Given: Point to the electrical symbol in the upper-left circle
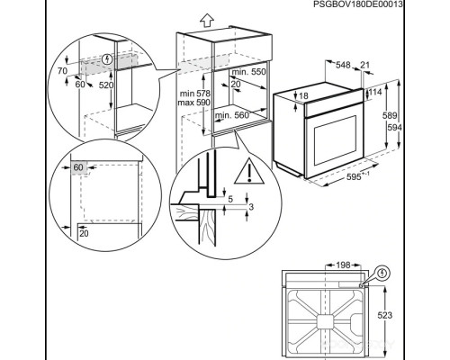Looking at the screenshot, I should click(107, 61).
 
